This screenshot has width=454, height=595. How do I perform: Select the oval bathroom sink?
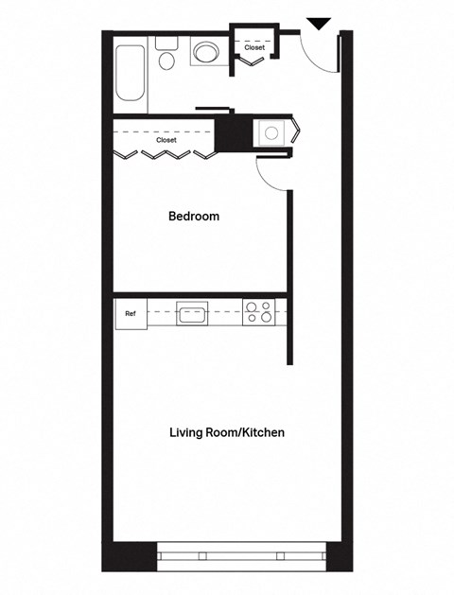(206, 52)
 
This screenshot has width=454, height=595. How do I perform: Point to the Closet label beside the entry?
(254, 46)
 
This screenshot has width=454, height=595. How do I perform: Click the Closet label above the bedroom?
(166, 140)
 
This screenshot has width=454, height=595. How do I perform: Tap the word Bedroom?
(194, 216)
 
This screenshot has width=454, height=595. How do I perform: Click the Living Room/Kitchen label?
(227, 432)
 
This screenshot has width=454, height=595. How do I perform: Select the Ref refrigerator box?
(131, 313)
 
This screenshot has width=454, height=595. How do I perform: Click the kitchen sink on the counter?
(192, 312)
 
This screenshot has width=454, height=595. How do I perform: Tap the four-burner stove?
(258, 311)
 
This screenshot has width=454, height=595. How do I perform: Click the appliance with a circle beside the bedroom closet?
(272, 133)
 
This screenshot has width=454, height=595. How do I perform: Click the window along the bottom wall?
(241, 555)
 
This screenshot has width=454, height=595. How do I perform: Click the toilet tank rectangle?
(167, 42)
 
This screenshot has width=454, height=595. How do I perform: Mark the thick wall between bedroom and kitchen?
(199, 293)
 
